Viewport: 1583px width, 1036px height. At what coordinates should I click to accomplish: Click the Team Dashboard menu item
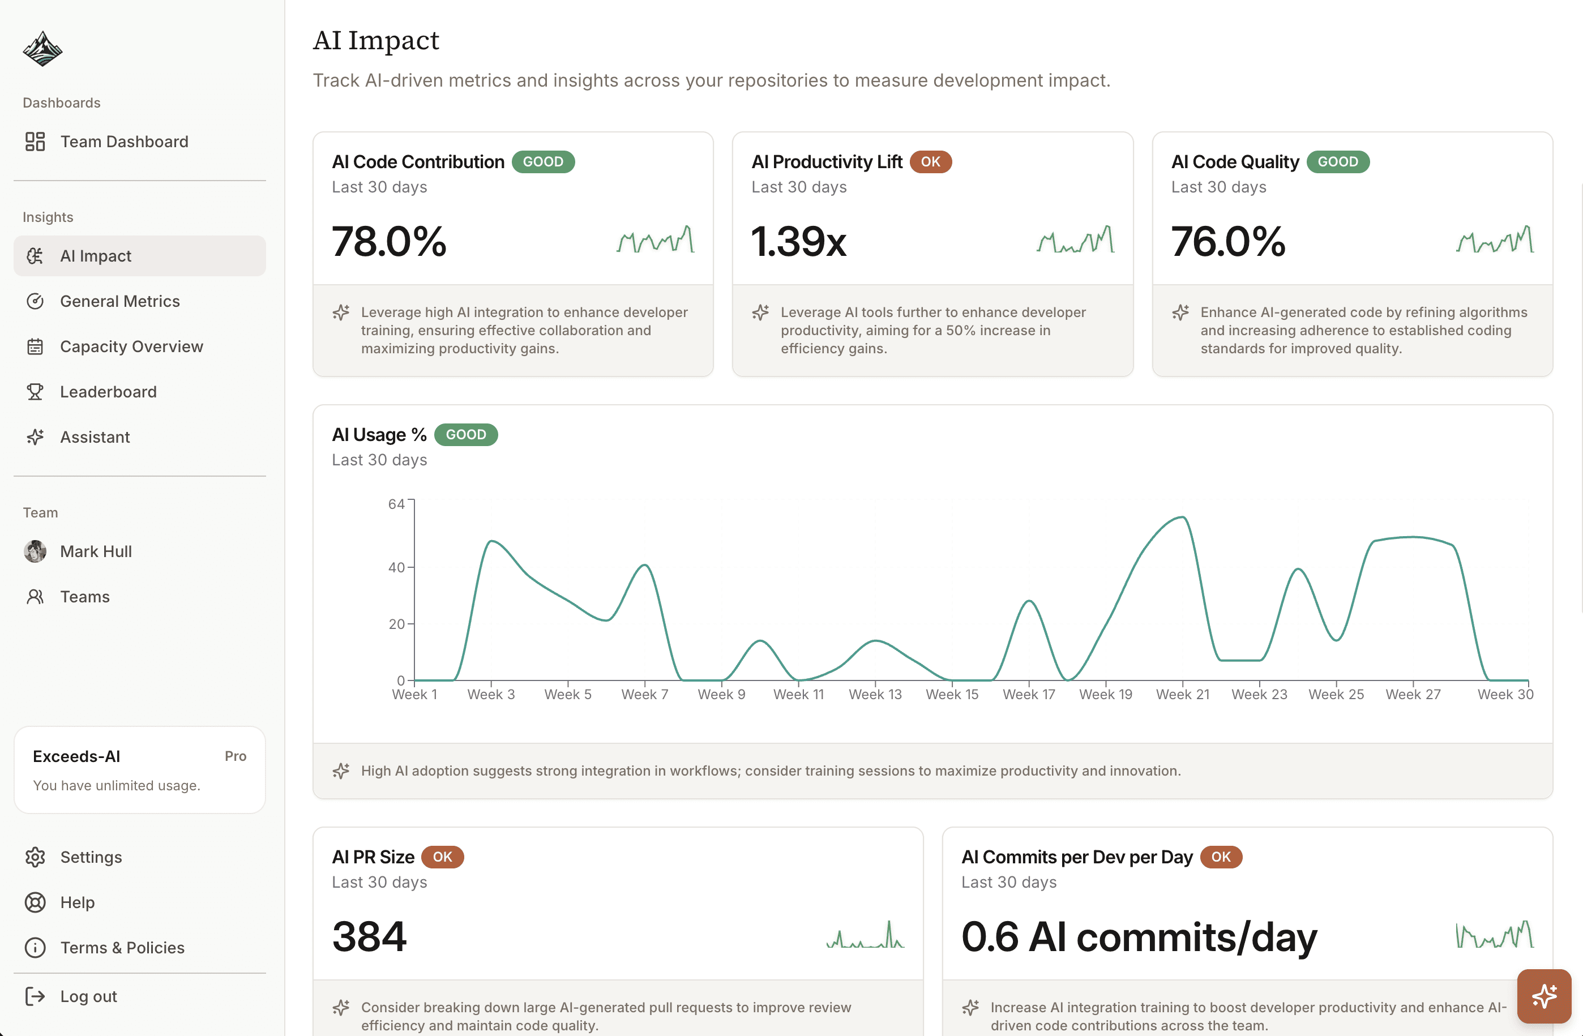[x=124, y=142]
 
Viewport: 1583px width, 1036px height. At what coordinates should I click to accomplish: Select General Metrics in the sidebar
[x=119, y=301]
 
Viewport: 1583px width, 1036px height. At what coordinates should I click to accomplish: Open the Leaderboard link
[x=108, y=392]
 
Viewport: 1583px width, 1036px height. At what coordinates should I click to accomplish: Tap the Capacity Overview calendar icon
[x=35, y=346]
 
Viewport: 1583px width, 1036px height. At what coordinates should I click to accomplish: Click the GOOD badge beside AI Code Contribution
[x=543, y=161]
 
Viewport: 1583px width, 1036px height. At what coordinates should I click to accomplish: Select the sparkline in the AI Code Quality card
[x=1495, y=240]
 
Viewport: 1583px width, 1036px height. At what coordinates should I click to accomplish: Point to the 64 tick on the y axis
[x=396, y=504]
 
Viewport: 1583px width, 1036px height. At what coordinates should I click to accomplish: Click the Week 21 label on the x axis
[x=1182, y=694]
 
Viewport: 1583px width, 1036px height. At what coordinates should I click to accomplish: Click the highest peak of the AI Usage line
[x=1183, y=517]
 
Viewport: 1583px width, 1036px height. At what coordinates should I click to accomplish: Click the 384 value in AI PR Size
[x=369, y=936]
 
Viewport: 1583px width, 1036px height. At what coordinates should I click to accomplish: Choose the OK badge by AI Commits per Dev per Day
[x=1221, y=857]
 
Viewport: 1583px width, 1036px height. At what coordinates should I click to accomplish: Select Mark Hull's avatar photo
[x=35, y=551]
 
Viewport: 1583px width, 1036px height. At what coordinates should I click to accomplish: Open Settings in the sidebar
[x=91, y=857]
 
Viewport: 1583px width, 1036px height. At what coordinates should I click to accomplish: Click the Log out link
[x=88, y=996]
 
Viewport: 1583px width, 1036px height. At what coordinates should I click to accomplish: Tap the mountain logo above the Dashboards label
[x=42, y=49]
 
